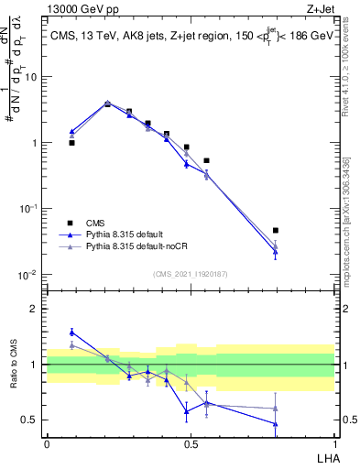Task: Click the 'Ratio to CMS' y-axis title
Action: (12, 365)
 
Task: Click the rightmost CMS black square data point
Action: (275, 231)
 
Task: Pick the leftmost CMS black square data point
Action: (71, 143)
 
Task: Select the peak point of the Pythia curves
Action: (107, 104)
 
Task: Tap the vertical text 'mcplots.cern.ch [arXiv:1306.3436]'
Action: (346, 211)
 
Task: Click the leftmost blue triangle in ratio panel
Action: (71, 332)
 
